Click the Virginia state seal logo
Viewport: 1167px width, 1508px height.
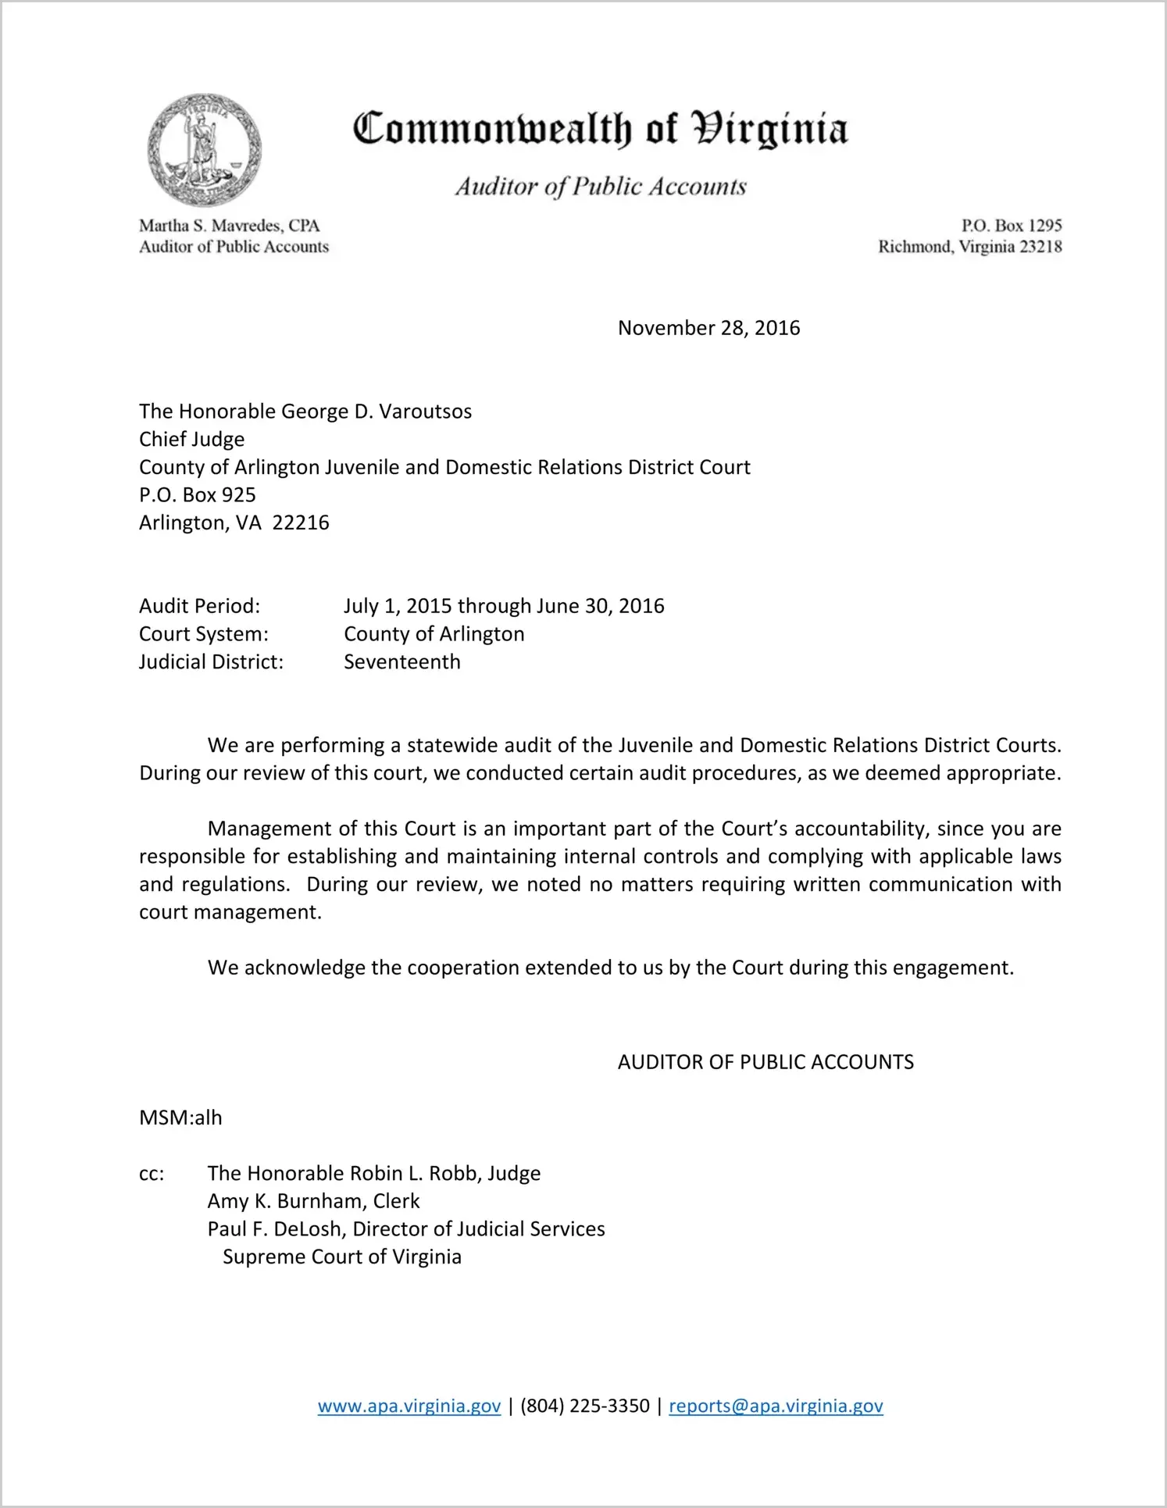[204, 150]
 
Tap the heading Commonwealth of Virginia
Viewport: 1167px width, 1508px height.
[600, 130]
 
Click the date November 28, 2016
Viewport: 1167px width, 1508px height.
[708, 328]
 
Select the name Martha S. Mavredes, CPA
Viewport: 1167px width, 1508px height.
[230, 226]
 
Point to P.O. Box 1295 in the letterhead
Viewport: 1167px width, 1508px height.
[1011, 226]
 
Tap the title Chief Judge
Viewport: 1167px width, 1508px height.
[191, 440]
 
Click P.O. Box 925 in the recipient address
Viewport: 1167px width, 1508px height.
[198, 495]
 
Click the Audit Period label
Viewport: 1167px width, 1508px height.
[199, 606]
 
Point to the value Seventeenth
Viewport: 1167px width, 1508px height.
[402, 662]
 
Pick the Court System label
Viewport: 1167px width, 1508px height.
[203, 634]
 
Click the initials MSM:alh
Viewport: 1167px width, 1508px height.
[180, 1118]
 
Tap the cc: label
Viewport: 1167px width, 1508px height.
[152, 1174]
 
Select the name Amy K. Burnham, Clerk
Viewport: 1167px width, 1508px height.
[313, 1201]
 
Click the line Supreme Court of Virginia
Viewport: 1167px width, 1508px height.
[342, 1257]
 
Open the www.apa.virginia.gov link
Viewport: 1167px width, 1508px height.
[409, 1406]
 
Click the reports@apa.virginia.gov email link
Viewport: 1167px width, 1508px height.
[776, 1406]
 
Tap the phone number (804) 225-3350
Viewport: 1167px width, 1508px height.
[584, 1406]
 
